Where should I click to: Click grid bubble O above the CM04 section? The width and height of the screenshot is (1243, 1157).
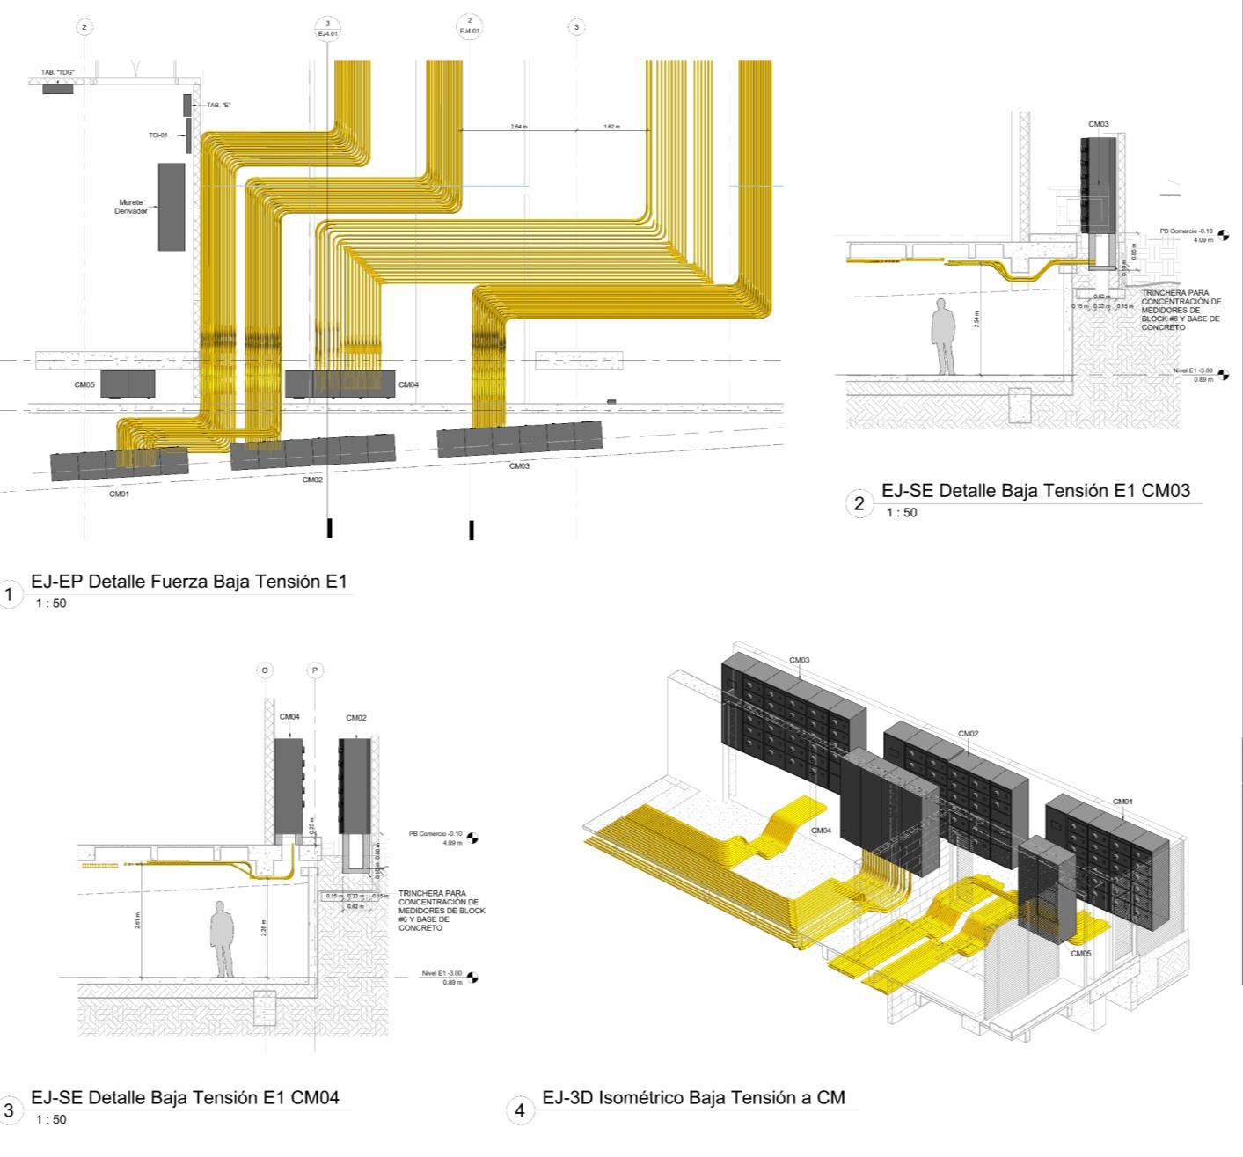265,670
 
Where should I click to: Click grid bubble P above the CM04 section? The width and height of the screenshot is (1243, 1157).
315,670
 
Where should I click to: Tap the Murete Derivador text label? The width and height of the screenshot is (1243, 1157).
130,207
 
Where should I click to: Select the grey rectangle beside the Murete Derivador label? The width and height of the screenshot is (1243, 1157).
172,207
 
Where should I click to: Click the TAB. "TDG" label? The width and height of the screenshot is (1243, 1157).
58,72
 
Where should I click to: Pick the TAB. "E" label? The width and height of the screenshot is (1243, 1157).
219,105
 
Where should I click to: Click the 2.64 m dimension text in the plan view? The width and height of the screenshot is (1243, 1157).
519,127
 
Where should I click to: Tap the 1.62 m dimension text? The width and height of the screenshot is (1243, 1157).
611,127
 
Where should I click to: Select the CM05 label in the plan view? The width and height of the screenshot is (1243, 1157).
84,384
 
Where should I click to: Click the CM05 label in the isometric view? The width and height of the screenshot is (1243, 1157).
1081,953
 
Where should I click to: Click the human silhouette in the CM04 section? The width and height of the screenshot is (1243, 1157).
223,939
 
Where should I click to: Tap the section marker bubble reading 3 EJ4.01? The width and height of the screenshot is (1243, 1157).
327,27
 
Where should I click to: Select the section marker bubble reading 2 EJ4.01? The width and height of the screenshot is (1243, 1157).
470,26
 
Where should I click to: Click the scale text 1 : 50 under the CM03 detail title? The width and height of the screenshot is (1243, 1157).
901,513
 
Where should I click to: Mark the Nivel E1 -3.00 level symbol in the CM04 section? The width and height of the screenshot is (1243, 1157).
472,977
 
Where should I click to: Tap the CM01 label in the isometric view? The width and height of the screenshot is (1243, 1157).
1122,802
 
